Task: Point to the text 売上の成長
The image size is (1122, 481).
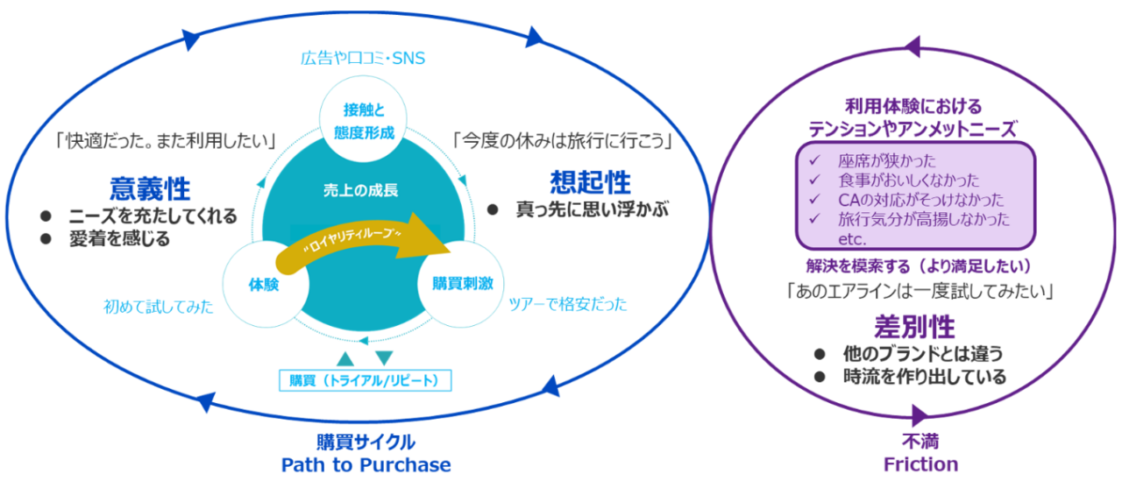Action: click(x=360, y=190)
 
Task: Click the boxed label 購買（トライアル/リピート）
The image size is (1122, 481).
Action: click(x=366, y=380)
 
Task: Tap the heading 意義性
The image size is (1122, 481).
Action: click(x=150, y=188)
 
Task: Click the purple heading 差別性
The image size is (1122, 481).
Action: click(x=914, y=327)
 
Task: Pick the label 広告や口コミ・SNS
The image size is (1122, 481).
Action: click(x=363, y=58)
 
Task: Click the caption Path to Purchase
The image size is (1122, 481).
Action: click(x=366, y=465)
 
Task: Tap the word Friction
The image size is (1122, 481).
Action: click(x=920, y=464)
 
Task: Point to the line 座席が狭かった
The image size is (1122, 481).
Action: click(x=886, y=160)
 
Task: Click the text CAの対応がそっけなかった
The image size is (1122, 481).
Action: click(x=921, y=200)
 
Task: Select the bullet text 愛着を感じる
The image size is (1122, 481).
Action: click(x=120, y=239)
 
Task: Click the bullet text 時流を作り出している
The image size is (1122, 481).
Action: click(x=925, y=377)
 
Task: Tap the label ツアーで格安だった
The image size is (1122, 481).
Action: click(x=567, y=304)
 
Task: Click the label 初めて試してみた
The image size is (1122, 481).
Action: click(x=159, y=307)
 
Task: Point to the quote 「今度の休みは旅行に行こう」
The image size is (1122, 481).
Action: click(x=562, y=141)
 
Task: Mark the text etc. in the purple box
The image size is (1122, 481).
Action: click(x=852, y=239)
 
